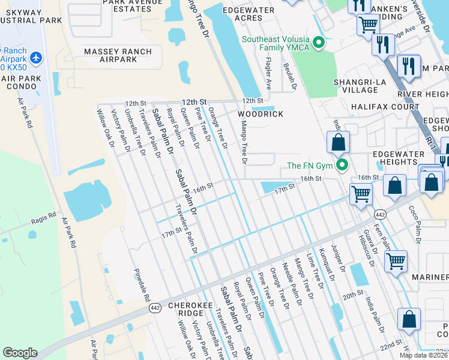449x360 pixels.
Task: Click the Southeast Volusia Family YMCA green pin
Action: tap(319, 43)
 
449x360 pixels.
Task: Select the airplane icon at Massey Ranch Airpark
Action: tap(37, 58)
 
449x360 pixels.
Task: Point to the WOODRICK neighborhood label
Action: tap(259, 113)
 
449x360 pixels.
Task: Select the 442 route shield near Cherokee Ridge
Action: tap(155, 307)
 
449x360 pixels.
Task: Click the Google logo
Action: tap(20, 353)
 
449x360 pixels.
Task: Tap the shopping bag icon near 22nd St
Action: tap(409, 320)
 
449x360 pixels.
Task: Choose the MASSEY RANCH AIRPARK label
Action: tap(118, 56)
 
